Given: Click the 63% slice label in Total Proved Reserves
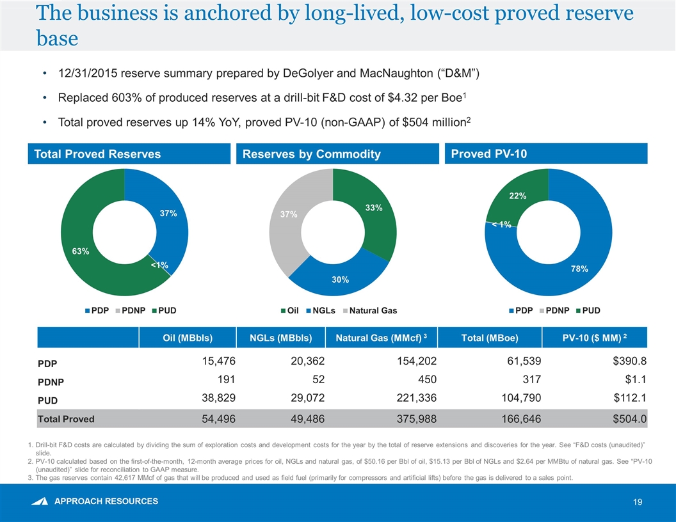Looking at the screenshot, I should (x=80, y=251).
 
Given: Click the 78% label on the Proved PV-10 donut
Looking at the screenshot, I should (x=579, y=269).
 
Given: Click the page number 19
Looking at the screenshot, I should (x=637, y=503).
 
